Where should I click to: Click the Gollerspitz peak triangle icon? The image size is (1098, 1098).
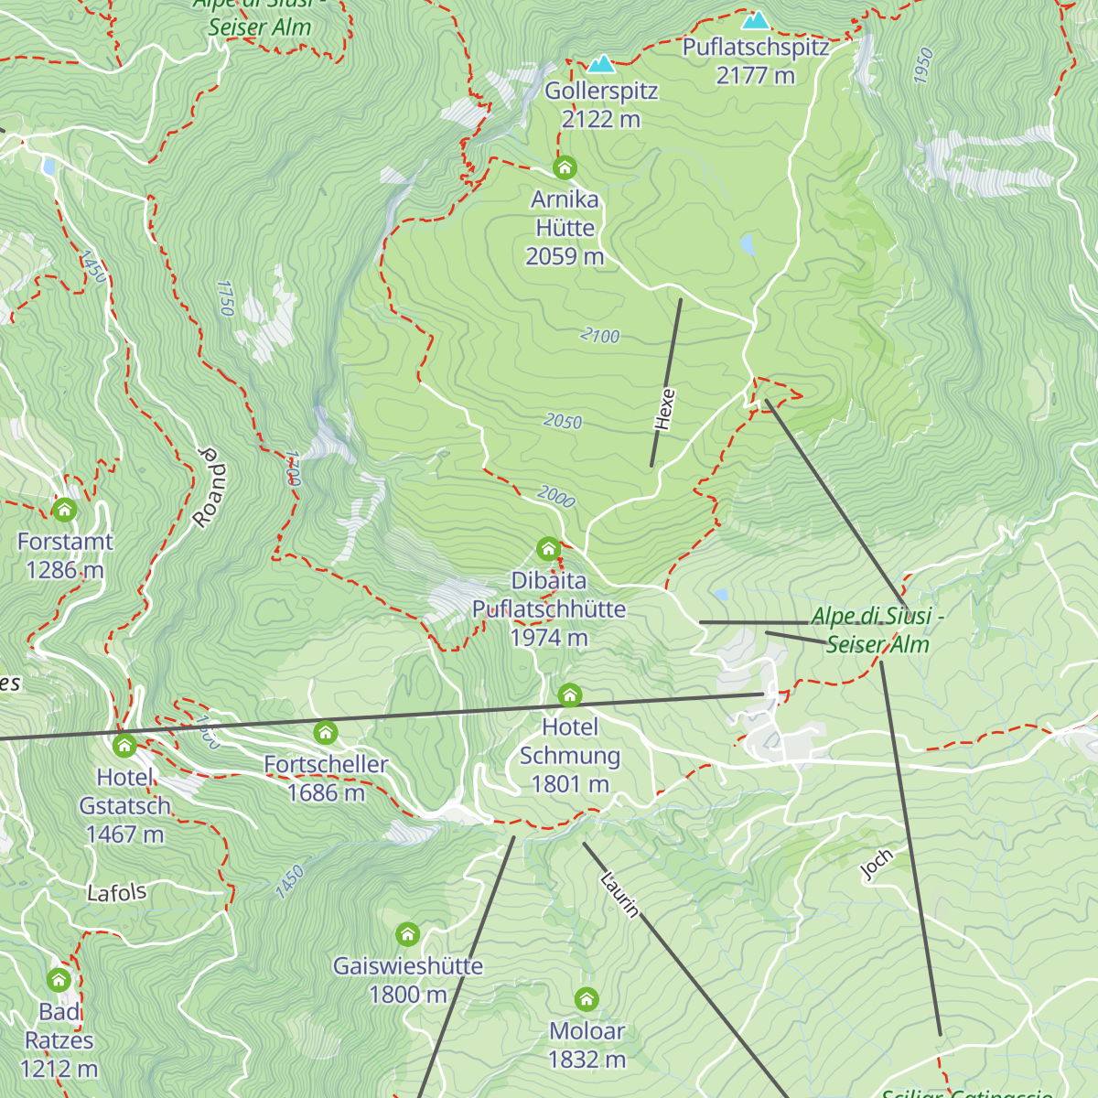pos(601,64)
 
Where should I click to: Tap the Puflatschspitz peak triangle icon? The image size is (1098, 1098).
pos(756,20)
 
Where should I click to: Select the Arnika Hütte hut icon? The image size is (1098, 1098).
pos(565,167)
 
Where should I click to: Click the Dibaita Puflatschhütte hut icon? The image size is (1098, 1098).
pos(548,549)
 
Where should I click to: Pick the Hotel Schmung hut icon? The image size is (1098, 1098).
pos(570,695)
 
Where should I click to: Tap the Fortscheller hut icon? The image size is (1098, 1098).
pos(326,732)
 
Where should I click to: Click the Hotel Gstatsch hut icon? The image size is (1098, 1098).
pos(124,745)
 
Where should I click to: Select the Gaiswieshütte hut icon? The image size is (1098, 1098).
pos(408,934)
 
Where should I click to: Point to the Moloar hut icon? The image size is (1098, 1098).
pos(587,999)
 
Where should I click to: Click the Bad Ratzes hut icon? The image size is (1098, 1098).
pos(59,980)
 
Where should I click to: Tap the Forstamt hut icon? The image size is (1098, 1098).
pos(64,510)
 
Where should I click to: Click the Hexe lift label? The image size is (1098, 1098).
pos(665,409)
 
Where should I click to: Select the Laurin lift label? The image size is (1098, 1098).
pos(619,894)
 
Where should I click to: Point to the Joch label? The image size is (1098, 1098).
pos(877,865)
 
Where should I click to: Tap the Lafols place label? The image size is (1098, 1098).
pos(116,892)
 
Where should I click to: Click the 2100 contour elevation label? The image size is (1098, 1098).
pos(600,336)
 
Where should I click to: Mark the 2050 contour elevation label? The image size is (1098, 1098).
pos(563,421)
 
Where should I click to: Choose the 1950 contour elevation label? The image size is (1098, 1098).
pos(923,66)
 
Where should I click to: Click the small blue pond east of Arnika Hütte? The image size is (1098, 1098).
pos(748,244)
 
